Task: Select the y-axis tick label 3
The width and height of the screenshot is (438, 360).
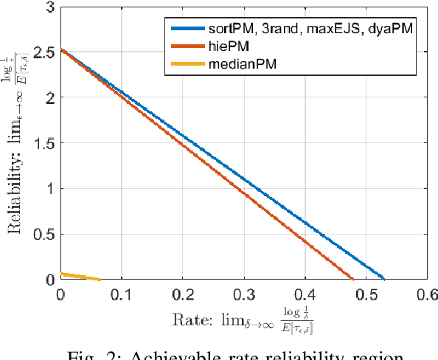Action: click(x=51, y=7)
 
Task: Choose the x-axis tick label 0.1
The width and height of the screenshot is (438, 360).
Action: click(x=121, y=294)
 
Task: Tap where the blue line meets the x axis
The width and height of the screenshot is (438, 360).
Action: click(x=384, y=279)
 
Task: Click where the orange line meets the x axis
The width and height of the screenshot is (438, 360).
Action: click(x=352, y=279)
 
